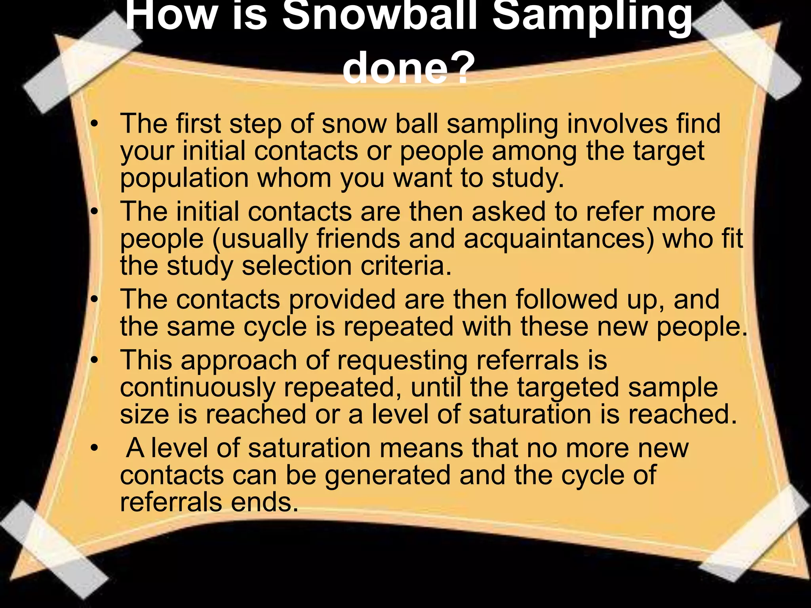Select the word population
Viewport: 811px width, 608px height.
point(184,179)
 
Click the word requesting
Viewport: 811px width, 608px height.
point(402,361)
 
